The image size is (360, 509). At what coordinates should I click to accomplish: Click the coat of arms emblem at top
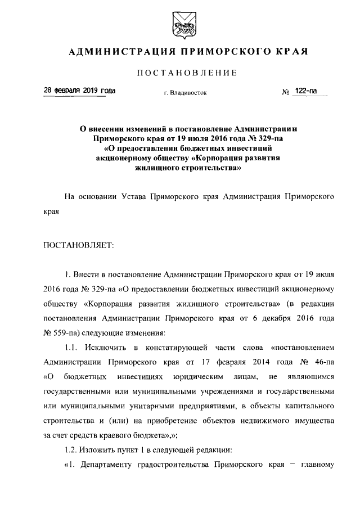pos(179,23)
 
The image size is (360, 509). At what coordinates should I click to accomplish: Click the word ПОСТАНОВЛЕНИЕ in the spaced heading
pos(180,73)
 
